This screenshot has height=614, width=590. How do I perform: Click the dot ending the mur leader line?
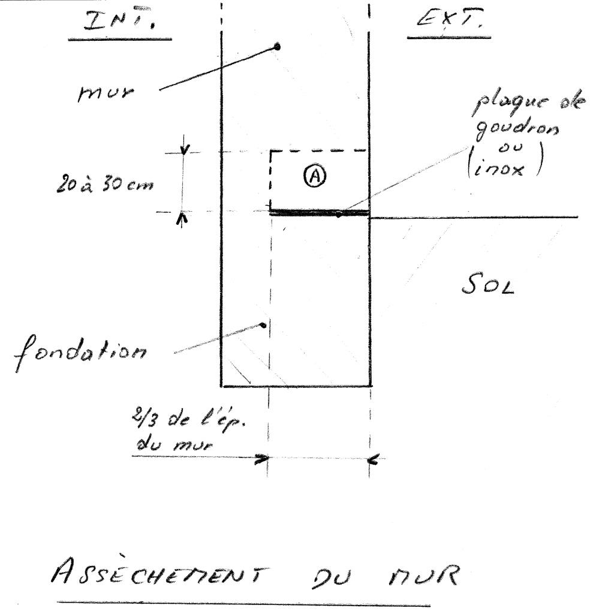[277, 46]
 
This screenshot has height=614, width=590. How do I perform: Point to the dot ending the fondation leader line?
[263, 325]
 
